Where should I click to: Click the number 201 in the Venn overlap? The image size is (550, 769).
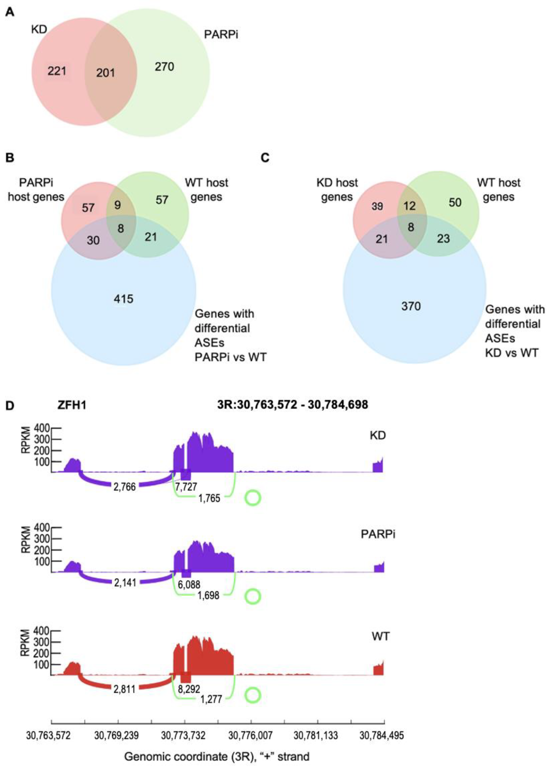tap(105, 73)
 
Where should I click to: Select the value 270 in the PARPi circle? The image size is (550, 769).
tap(165, 67)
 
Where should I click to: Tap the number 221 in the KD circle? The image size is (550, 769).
tap(57, 71)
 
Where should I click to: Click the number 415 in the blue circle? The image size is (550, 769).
tap(124, 299)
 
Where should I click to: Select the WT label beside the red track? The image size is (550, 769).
tap(381, 636)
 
